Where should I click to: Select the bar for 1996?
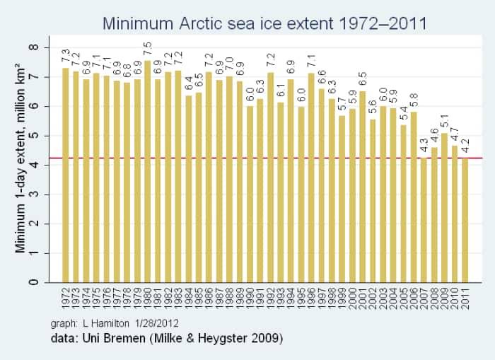click(311, 178)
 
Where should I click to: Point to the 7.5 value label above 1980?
click(147, 50)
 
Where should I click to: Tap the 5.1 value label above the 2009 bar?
click(445, 121)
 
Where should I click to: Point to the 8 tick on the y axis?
click(33, 47)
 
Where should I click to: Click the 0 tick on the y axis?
click(33, 282)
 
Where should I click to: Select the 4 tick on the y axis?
click(33, 165)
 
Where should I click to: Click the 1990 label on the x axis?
click(250, 301)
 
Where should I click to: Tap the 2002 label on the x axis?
click(373, 301)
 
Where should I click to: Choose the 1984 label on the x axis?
click(188, 301)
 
